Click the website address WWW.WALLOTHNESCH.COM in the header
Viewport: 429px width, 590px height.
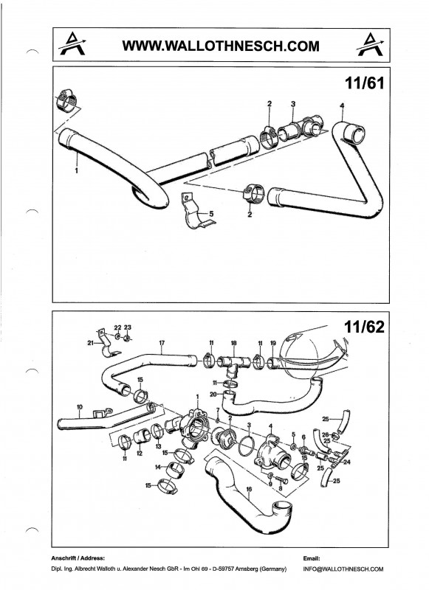(x=221, y=46)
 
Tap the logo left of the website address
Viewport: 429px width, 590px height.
(x=72, y=44)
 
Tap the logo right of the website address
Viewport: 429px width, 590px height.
(x=370, y=44)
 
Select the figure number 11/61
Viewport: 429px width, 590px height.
(x=365, y=83)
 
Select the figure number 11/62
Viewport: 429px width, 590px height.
(x=365, y=327)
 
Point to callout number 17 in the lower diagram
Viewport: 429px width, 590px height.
(x=162, y=343)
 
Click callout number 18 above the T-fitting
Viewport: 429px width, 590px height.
(x=233, y=343)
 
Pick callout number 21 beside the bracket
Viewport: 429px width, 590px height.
(x=90, y=343)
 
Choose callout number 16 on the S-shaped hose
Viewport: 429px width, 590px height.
(x=249, y=489)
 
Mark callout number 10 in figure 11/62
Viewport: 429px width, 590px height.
(x=80, y=407)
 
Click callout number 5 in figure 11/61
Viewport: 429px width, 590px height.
(x=211, y=214)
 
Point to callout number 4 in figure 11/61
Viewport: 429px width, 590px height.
(x=342, y=105)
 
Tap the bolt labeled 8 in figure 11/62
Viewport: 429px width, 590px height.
(x=281, y=481)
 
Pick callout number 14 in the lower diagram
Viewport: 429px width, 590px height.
(x=158, y=467)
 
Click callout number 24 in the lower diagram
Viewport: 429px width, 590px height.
(x=347, y=462)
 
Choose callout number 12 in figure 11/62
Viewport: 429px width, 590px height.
(x=140, y=454)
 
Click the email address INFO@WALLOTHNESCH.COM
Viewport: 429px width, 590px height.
(x=343, y=569)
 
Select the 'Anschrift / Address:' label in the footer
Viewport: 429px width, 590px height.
(x=78, y=558)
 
